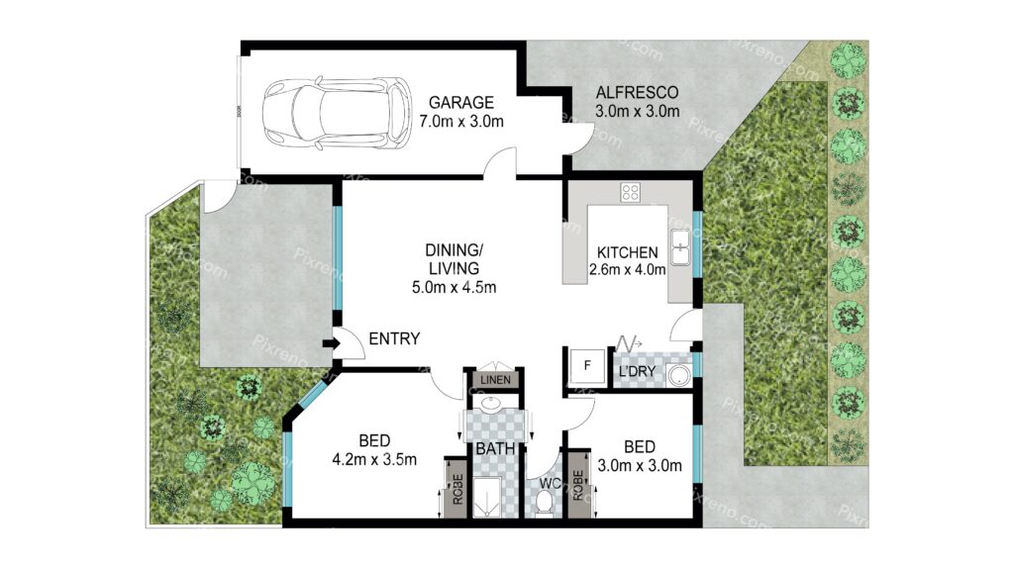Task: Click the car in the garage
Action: pyautogui.click(x=337, y=114)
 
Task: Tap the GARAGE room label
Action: pyautogui.click(x=461, y=102)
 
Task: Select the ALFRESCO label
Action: pyautogui.click(x=637, y=92)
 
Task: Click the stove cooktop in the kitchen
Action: pyautogui.click(x=630, y=192)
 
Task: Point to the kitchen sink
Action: pyautogui.click(x=680, y=246)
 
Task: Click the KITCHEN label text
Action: pyautogui.click(x=627, y=252)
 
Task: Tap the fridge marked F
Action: pyautogui.click(x=586, y=368)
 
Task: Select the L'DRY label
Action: pyautogui.click(x=637, y=372)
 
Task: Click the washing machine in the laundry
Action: pyautogui.click(x=679, y=375)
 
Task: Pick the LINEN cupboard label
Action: pyautogui.click(x=495, y=379)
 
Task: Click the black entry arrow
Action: pyautogui.click(x=331, y=343)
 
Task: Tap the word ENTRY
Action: pyautogui.click(x=394, y=338)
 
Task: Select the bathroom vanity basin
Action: pyautogui.click(x=491, y=405)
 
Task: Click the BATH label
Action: pyautogui.click(x=495, y=448)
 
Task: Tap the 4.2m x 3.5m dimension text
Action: pyautogui.click(x=374, y=460)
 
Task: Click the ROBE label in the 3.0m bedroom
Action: pyautogui.click(x=577, y=485)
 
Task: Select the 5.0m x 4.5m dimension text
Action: pyautogui.click(x=454, y=288)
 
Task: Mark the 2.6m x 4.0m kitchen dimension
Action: pyautogui.click(x=627, y=269)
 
